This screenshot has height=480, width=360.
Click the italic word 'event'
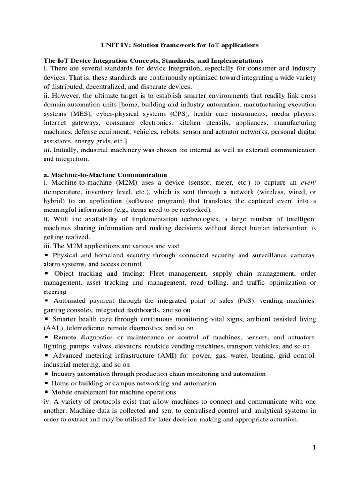[308, 183]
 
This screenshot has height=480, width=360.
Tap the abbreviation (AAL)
[53, 328]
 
